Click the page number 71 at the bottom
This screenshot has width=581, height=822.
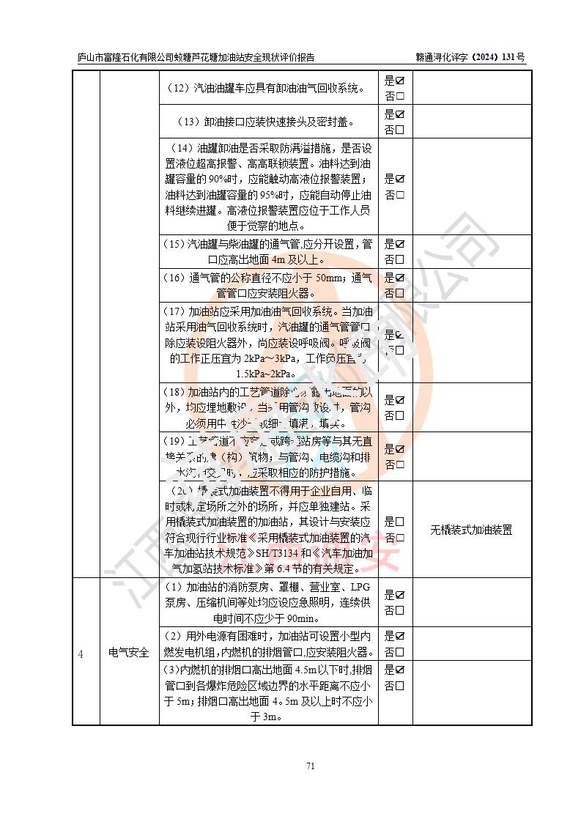click(310, 766)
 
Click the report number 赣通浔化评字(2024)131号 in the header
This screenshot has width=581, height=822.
click(470, 56)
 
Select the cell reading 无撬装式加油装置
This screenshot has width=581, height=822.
click(470, 530)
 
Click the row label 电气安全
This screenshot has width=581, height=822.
click(129, 652)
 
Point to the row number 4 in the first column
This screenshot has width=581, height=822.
click(81, 652)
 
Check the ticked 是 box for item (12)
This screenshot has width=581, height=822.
click(400, 81)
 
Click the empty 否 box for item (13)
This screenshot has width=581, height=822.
click(400, 130)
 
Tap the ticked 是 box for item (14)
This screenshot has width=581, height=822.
click(400, 179)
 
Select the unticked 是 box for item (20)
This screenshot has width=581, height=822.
click(400, 522)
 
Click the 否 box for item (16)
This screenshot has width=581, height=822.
click(400, 293)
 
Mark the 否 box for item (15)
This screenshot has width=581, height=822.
click(400, 259)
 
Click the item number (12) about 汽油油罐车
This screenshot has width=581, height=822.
click(179, 89)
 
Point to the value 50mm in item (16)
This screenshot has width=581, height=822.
click(330, 278)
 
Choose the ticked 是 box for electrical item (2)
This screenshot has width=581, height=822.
click(400, 636)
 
